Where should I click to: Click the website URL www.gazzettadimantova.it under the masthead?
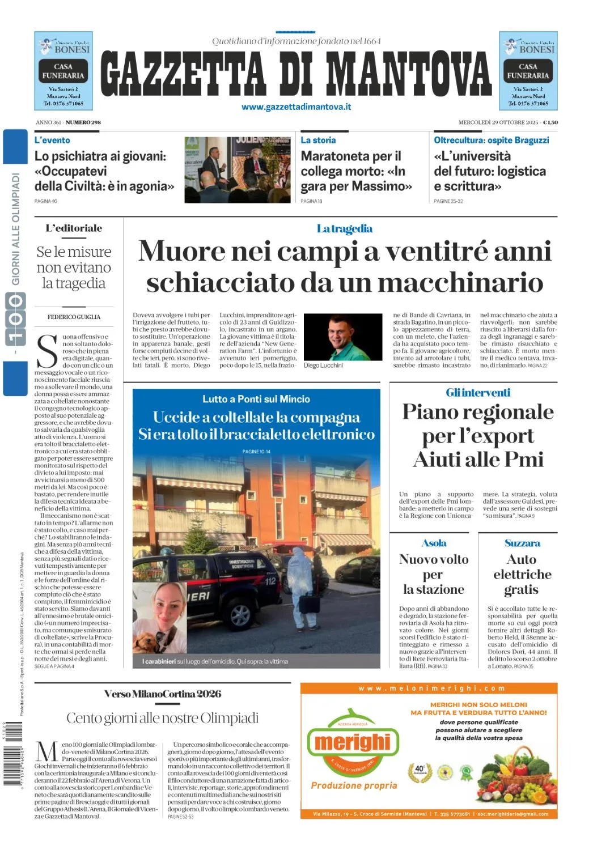point(296,107)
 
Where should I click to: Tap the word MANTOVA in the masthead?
point(408,74)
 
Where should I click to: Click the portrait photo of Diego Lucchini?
point(343,337)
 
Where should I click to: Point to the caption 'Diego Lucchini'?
point(323,365)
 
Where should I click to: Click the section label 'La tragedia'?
point(345,229)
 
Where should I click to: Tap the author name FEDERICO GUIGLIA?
point(74,317)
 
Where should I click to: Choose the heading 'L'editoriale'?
point(74,228)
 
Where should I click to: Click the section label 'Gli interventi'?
point(478,393)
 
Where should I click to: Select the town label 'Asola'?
point(434,543)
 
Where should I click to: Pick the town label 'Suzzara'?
point(522,543)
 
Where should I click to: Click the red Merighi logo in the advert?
point(353,742)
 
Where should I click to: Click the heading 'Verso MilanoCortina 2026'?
point(163,694)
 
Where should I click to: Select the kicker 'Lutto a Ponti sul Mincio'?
point(256,399)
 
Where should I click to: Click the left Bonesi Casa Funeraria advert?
point(63,71)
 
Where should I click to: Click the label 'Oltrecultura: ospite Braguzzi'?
point(491,140)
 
